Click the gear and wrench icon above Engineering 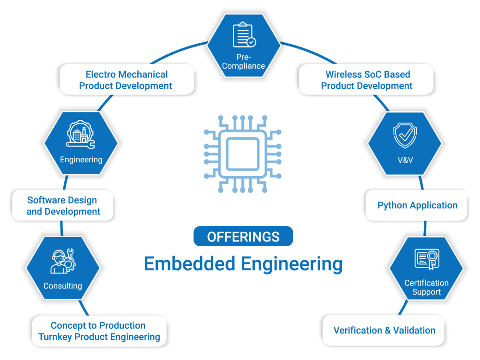80,134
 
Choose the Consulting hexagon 63,268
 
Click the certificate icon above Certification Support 426,259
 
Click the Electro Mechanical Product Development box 126,80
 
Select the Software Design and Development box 63,206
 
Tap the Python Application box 417,205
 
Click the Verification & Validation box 384,330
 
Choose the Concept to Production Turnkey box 99,331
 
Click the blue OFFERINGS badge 243,237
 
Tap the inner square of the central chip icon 243,154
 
